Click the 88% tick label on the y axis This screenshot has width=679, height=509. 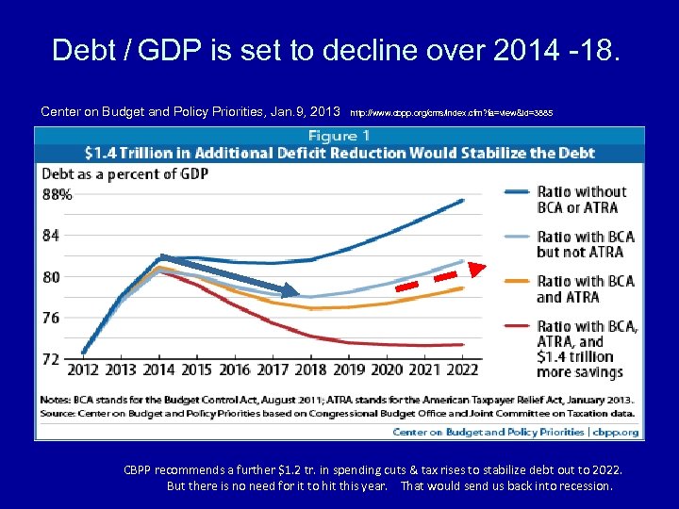57,194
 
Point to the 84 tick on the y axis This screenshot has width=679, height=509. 50,236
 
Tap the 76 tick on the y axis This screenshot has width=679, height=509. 50,318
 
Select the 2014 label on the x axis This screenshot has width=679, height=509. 158,370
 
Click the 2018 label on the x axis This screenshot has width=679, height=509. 311,370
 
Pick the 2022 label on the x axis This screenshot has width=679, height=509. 463,370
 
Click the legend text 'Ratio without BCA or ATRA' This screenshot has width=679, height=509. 581,200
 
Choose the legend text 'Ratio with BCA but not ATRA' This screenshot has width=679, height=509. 586,244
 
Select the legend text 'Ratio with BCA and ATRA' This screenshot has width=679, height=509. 586,288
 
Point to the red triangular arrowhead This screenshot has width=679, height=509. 477,271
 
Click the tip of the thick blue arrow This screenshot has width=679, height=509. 301,292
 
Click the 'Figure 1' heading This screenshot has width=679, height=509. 339,136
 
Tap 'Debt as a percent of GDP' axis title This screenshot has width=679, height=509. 124,173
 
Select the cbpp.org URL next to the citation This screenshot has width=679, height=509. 451,112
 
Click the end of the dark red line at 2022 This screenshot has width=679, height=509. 462,344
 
